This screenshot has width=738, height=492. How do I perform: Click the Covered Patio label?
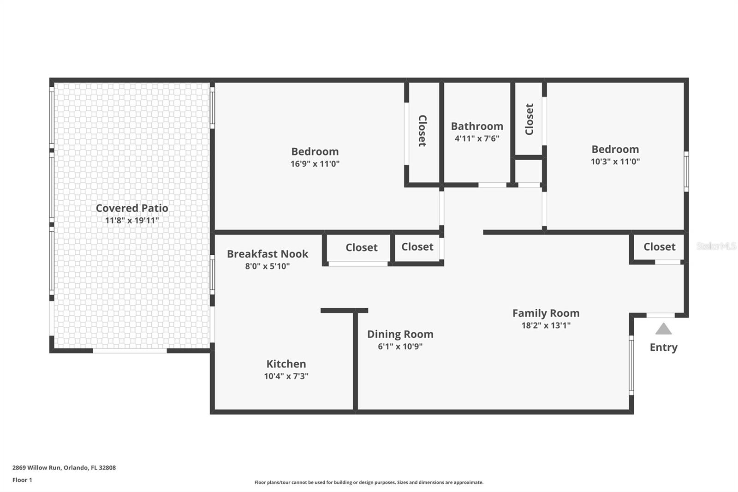[132, 208]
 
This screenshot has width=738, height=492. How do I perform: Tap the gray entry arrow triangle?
[663, 329]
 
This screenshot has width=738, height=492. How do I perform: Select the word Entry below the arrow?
[664, 347]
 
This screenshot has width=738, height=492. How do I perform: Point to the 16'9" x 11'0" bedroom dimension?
[315, 164]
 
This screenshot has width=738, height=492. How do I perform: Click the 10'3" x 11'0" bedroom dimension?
[615, 162]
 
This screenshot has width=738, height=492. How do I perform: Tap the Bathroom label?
[477, 126]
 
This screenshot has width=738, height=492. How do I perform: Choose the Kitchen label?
[286, 364]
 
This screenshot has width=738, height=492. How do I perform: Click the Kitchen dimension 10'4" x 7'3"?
[286, 376]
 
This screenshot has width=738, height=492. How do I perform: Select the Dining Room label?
[400, 334]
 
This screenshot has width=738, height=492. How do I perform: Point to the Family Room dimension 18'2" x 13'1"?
[546, 325]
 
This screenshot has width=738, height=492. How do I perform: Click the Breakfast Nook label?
[268, 254]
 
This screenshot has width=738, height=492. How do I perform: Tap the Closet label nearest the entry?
[660, 246]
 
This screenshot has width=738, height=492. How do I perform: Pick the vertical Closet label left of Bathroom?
[423, 131]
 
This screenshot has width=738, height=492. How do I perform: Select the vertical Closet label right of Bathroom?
[529, 120]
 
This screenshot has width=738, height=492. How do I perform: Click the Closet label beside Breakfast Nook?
[362, 247]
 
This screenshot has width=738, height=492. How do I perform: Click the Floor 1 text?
[22, 480]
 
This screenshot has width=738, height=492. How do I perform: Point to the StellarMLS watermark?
[716, 246]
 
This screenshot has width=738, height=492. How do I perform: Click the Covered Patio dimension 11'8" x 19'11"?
[132, 220]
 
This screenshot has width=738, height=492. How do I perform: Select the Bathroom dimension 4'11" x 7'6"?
[477, 138]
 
